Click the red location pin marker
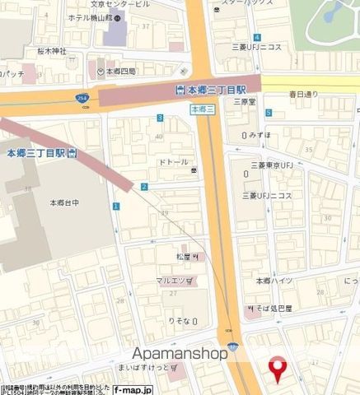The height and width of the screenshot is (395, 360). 278,368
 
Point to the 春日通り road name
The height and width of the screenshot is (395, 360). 303,94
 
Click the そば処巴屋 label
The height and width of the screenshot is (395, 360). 275,308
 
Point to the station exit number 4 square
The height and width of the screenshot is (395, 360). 257,37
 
